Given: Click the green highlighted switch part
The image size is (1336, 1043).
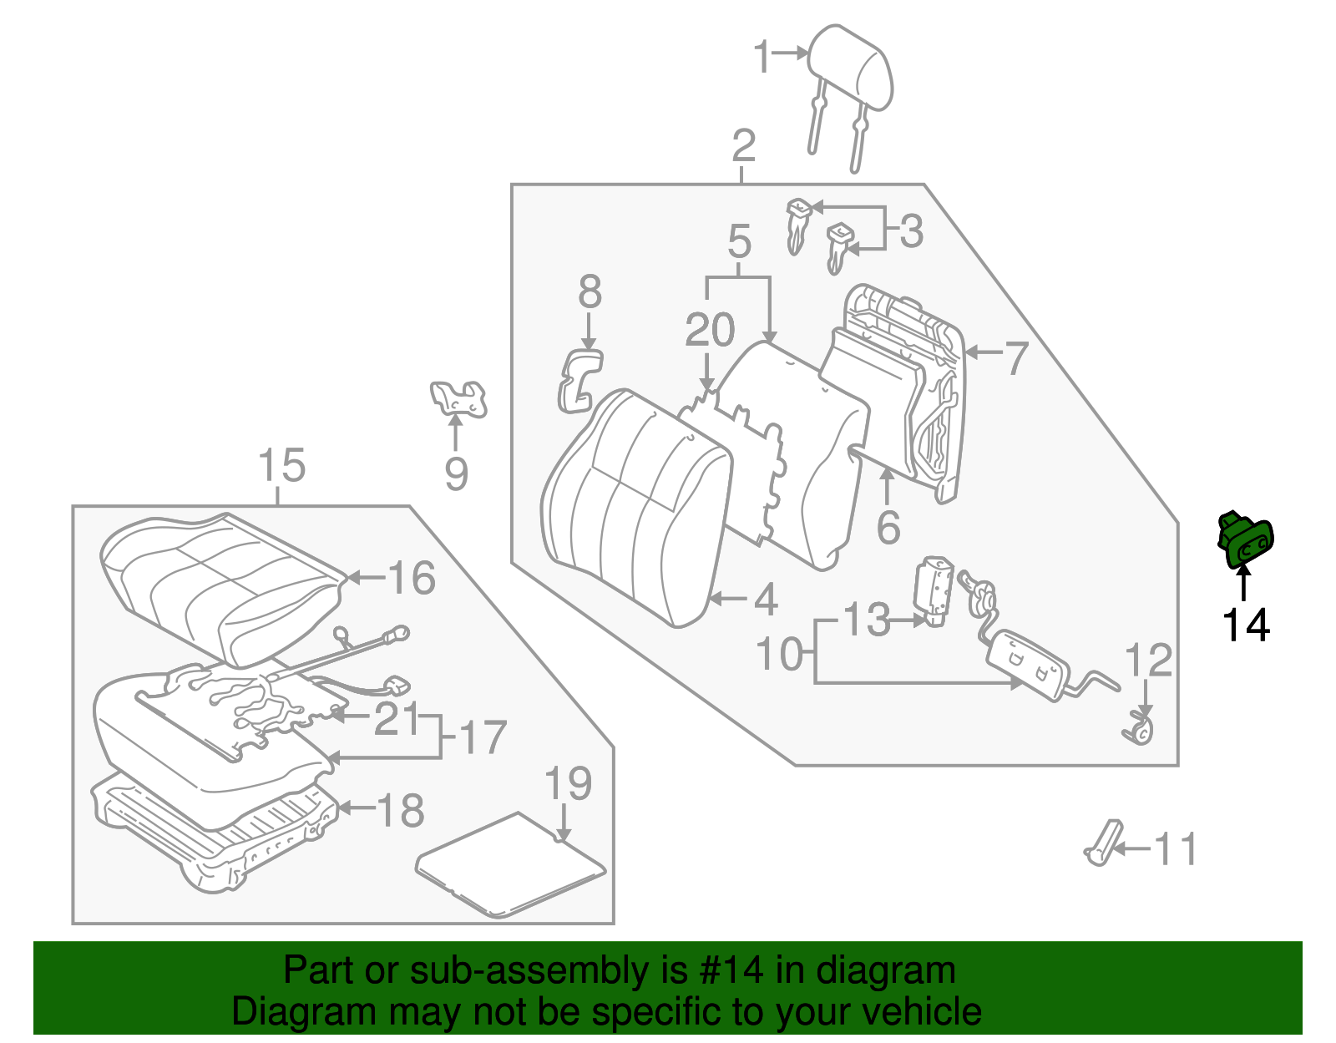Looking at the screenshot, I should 1245,541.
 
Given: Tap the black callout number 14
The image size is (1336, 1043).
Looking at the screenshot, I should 1245,625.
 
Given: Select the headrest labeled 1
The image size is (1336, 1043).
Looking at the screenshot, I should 852,71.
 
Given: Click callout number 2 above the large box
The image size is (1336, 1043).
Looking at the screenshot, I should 743,147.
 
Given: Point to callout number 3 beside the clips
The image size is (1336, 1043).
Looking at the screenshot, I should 912,231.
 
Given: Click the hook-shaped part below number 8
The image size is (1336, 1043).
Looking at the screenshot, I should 579,380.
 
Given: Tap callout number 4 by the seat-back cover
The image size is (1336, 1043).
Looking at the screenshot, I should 765,600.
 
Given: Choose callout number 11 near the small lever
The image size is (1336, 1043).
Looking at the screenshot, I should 1176,849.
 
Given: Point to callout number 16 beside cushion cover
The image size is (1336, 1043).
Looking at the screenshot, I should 412,578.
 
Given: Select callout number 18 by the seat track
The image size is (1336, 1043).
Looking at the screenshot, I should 401,810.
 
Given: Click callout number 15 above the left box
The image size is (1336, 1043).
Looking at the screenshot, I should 281,466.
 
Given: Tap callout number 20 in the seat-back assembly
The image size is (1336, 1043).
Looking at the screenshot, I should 710,331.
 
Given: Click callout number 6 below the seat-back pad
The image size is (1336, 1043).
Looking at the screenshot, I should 888,527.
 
